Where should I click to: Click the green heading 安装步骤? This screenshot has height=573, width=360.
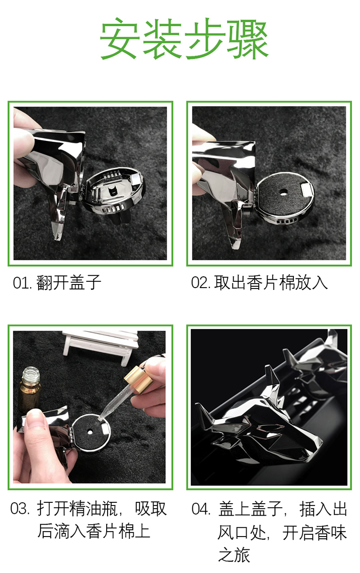coord(184,38)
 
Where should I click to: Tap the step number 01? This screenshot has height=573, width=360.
coord(22,283)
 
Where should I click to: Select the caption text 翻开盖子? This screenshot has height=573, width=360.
coord(69,283)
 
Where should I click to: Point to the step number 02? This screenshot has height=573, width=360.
coord(201,283)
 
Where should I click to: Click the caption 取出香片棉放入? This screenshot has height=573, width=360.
coord(271,283)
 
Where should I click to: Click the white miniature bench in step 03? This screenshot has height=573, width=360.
coord(100,344)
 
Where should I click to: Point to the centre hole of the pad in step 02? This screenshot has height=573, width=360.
coord(283,191)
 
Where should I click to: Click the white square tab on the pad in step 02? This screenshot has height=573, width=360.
coord(307,189)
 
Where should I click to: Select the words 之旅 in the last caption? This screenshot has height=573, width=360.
coord(234,555)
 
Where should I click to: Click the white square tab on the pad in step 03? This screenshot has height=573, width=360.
coord(105,428)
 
